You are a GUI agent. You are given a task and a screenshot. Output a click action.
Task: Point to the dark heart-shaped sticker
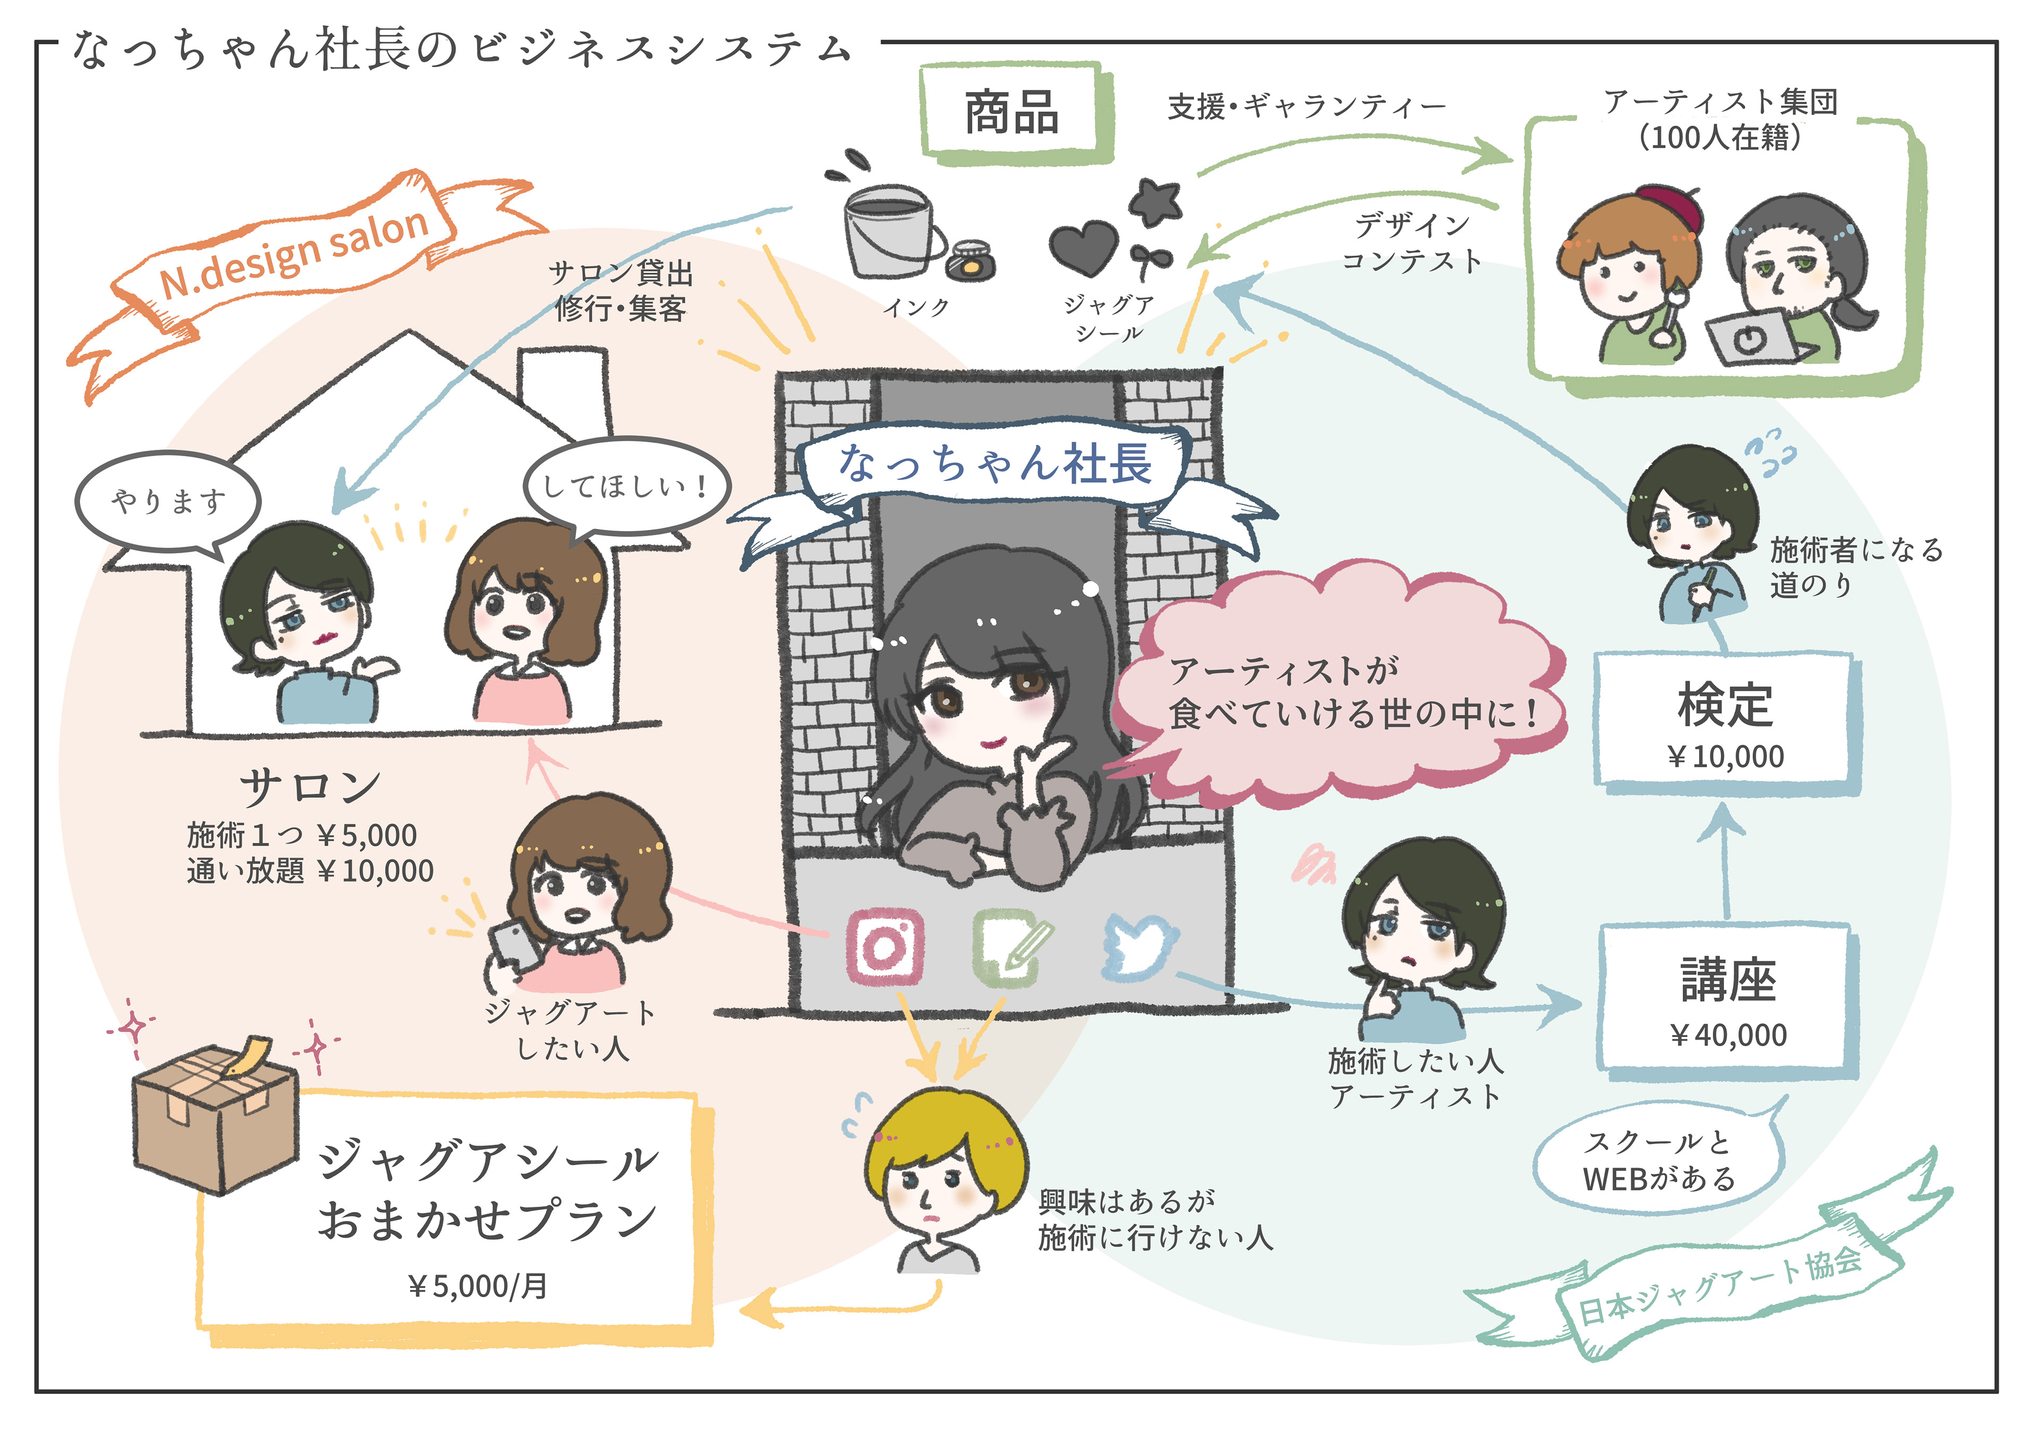click(x=1082, y=247)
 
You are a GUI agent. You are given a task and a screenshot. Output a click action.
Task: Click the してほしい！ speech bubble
click(x=625, y=486)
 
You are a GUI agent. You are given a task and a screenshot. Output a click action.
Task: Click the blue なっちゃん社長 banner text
click(x=996, y=465)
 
